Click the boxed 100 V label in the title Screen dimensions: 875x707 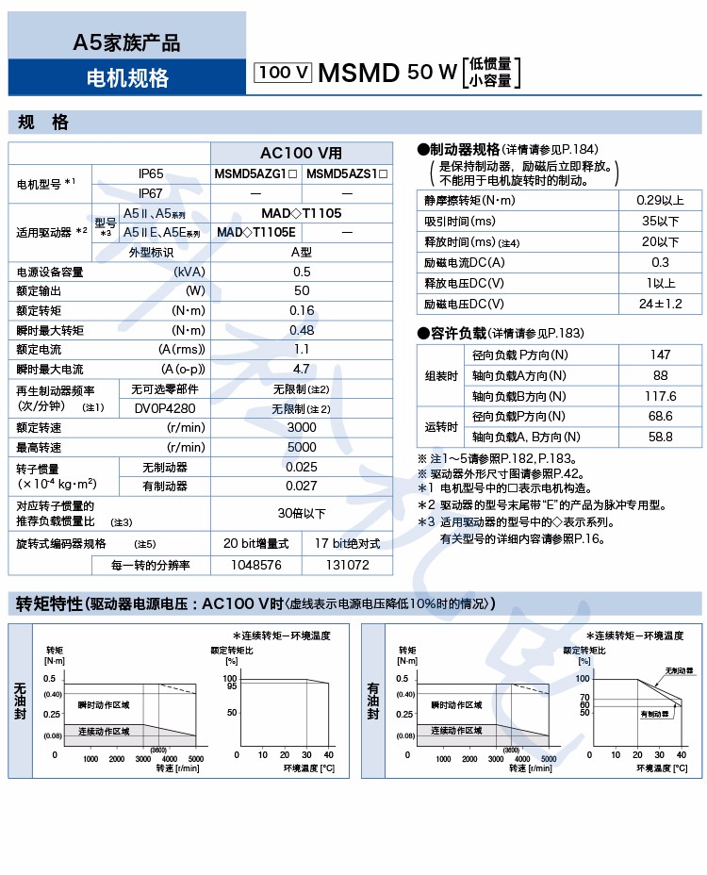click(283, 73)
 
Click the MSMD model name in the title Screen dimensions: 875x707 click(359, 73)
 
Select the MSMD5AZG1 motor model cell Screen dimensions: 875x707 click(255, 173)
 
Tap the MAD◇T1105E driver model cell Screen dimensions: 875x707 click(256, 232)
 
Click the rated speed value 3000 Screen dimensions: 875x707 click(302, 427)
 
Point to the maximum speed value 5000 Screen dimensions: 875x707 click(302, 447)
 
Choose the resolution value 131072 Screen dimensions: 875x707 click(347, 565)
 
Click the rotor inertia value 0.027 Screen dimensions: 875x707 click(302, 487)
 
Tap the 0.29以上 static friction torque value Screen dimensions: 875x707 click(660, 200)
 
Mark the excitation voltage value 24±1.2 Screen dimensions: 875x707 click(660, 304)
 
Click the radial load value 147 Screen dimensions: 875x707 click(660, 355)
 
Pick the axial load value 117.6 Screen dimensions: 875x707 click(660, 396)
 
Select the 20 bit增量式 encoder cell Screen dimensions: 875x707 click(255, 544)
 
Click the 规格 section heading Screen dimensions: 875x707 click(43, 123)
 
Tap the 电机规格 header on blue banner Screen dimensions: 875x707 click(126, 77)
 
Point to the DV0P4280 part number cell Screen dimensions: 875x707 click(165, 408)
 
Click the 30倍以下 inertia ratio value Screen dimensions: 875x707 click(302, 514)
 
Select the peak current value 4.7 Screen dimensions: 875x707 click(302, 370)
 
